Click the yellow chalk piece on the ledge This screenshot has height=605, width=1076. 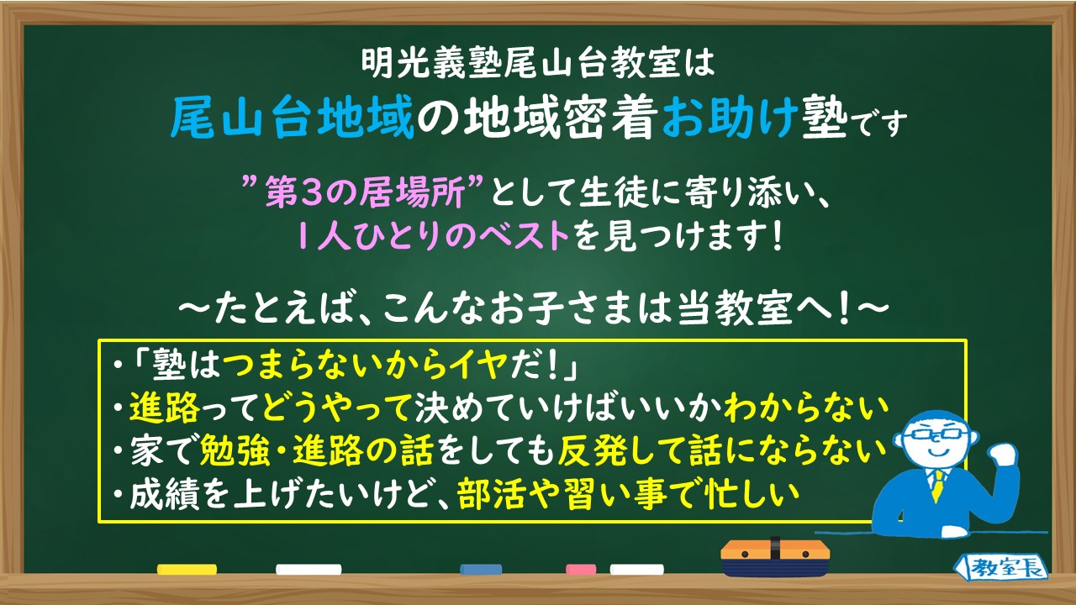point(187,570)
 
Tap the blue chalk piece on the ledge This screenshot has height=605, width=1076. point(481,570)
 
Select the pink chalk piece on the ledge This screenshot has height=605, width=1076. point(581,570)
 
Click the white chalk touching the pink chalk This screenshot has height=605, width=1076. point(636,570)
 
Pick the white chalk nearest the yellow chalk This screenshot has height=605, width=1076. point(309,570)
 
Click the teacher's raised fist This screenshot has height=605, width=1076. point(1003,453)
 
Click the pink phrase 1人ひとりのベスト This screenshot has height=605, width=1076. point(431,237)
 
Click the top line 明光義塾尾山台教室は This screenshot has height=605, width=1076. point(538,60)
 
